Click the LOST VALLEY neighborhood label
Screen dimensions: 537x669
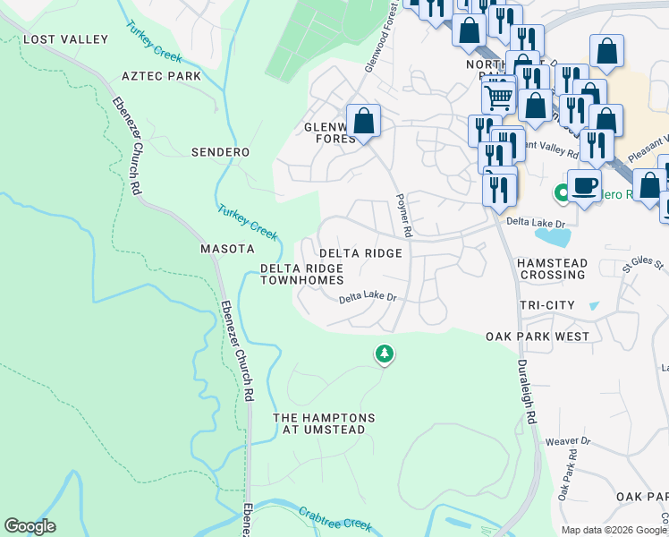point(65,39)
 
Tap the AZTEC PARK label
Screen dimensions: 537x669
point(161,76)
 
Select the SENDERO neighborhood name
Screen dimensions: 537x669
point(220,152)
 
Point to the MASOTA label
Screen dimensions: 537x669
point(227,249)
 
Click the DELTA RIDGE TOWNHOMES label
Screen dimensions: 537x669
point(301,274)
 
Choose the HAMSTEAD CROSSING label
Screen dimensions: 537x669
point(552,268)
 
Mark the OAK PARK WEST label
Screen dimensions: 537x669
point(538,337)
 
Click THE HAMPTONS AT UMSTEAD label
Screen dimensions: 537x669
point(324,424)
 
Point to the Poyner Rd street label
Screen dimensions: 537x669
point(404,215)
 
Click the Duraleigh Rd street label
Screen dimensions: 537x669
point(529,392)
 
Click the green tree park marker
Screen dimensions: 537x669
point(384,354)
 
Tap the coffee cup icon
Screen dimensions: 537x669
point(584,186)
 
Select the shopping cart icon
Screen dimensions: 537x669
point(498,95)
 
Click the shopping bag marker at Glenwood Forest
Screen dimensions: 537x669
point(363,120)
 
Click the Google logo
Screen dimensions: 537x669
point(30,526)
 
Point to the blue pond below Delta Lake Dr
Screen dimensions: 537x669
point(553,237)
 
